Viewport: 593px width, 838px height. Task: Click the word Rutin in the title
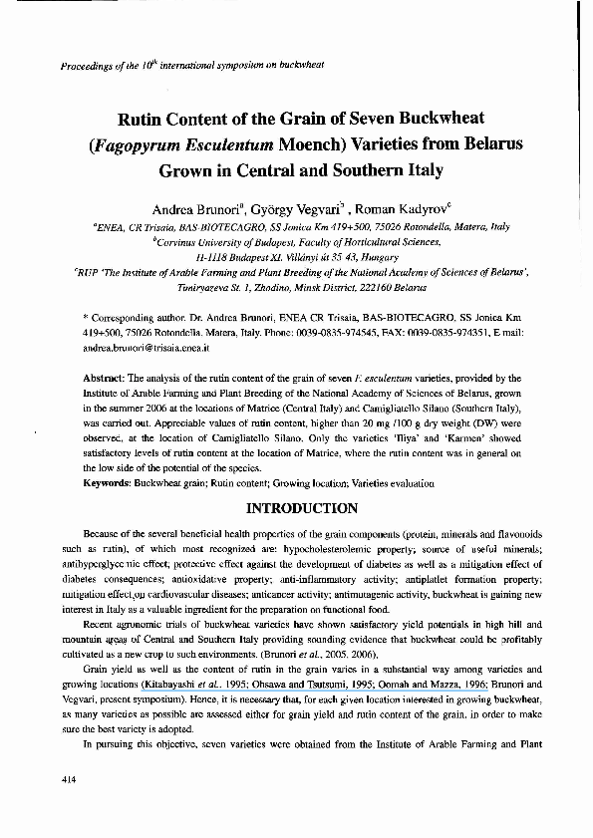click(x=145, y=122)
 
